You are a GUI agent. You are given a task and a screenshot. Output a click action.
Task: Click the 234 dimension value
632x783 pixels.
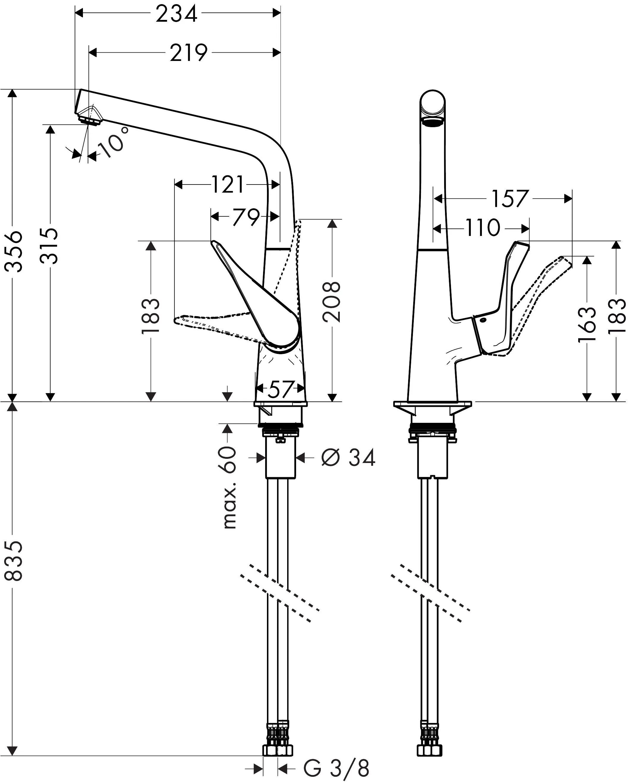coord(176,15)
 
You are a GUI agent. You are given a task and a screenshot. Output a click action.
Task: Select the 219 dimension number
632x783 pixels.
coord(188,53)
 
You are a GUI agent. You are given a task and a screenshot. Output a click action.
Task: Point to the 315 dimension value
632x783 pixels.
coord(49,245)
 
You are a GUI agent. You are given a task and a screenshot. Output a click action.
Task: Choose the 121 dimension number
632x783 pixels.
coord(227,185)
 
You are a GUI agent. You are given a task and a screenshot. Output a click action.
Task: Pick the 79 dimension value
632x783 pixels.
coord(246,217)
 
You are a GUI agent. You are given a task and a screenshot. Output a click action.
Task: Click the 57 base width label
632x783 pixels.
coord(280,390)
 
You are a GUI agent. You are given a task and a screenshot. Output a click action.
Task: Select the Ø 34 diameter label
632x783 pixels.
coord(348,458)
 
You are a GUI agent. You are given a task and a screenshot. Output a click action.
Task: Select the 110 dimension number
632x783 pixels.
coord(483,229)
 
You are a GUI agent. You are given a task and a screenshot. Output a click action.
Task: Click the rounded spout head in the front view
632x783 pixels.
coord(433,105)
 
